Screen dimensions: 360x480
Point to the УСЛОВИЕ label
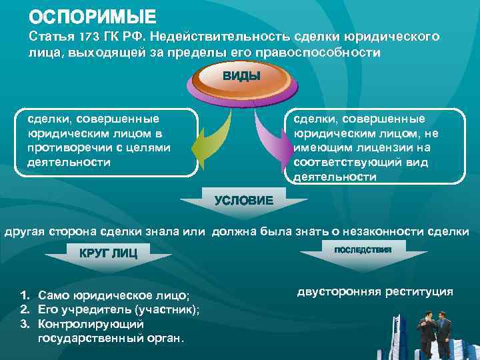(x=243, y=200)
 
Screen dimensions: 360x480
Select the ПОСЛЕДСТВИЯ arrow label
(x=364, y=248)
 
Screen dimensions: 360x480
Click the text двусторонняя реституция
(x=375, y=292)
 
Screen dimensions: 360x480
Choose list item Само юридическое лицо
(x=114, y=295)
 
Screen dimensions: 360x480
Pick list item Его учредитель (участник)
(x=119, y=309)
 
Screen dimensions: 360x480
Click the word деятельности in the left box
(x=59, y=162)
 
